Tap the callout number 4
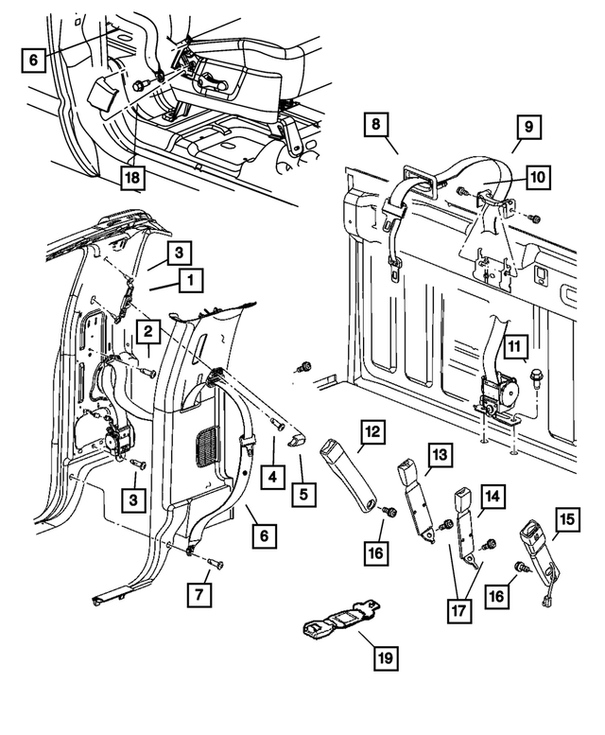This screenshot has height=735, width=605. [x=272, y=476]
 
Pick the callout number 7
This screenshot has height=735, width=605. [x=201, y=595]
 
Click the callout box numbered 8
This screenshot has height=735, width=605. [x=376, y=124]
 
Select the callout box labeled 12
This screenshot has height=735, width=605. [x=372, y=431]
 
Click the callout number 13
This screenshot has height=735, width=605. [x=438, y=455]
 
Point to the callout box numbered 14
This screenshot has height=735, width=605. [x=493, y=496]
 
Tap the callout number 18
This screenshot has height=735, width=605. [x=134, y=176]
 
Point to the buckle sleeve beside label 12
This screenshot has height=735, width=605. [x=349, y=474]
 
